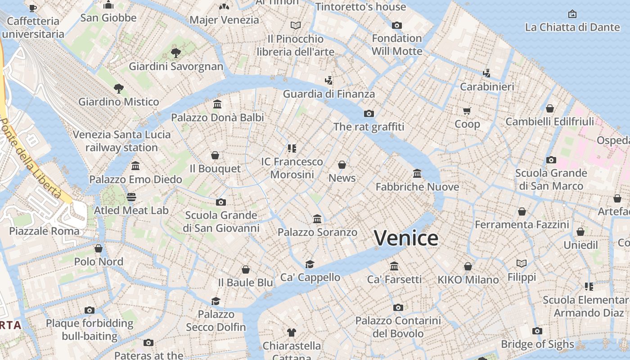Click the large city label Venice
[x=406, y=238]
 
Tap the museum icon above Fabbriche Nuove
[x=417, y=173]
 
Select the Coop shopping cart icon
[x=467, y=111]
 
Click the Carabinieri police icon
[x=486, y=73]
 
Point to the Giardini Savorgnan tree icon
[x=176, y=53]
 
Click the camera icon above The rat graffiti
[x=369, y=113]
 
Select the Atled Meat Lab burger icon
[x=131, y=197]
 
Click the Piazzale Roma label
[x=44, y=231]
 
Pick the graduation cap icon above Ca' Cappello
[x=310, y=264]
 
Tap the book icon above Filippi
[x=522, y=264]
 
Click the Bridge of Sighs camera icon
[x=537, y=331]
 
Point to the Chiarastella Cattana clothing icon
[x=292, y=333]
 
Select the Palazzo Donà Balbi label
[x=217, y=117]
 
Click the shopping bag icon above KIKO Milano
[x=468, y=266]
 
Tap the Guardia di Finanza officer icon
[x=328, y=81]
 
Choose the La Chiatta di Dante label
[x=572, y=27]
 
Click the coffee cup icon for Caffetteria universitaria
[x=33, y=8]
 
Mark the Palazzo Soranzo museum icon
[x=317, y=219]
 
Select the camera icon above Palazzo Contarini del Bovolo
[x=398, y=308]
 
